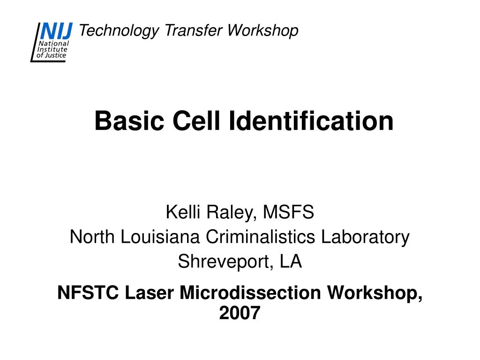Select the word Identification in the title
point(311,121)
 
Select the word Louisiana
point(161,237)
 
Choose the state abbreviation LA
point(291,262)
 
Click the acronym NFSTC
point(88,293)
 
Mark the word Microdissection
point(250,293)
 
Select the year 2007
point(240,313)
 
